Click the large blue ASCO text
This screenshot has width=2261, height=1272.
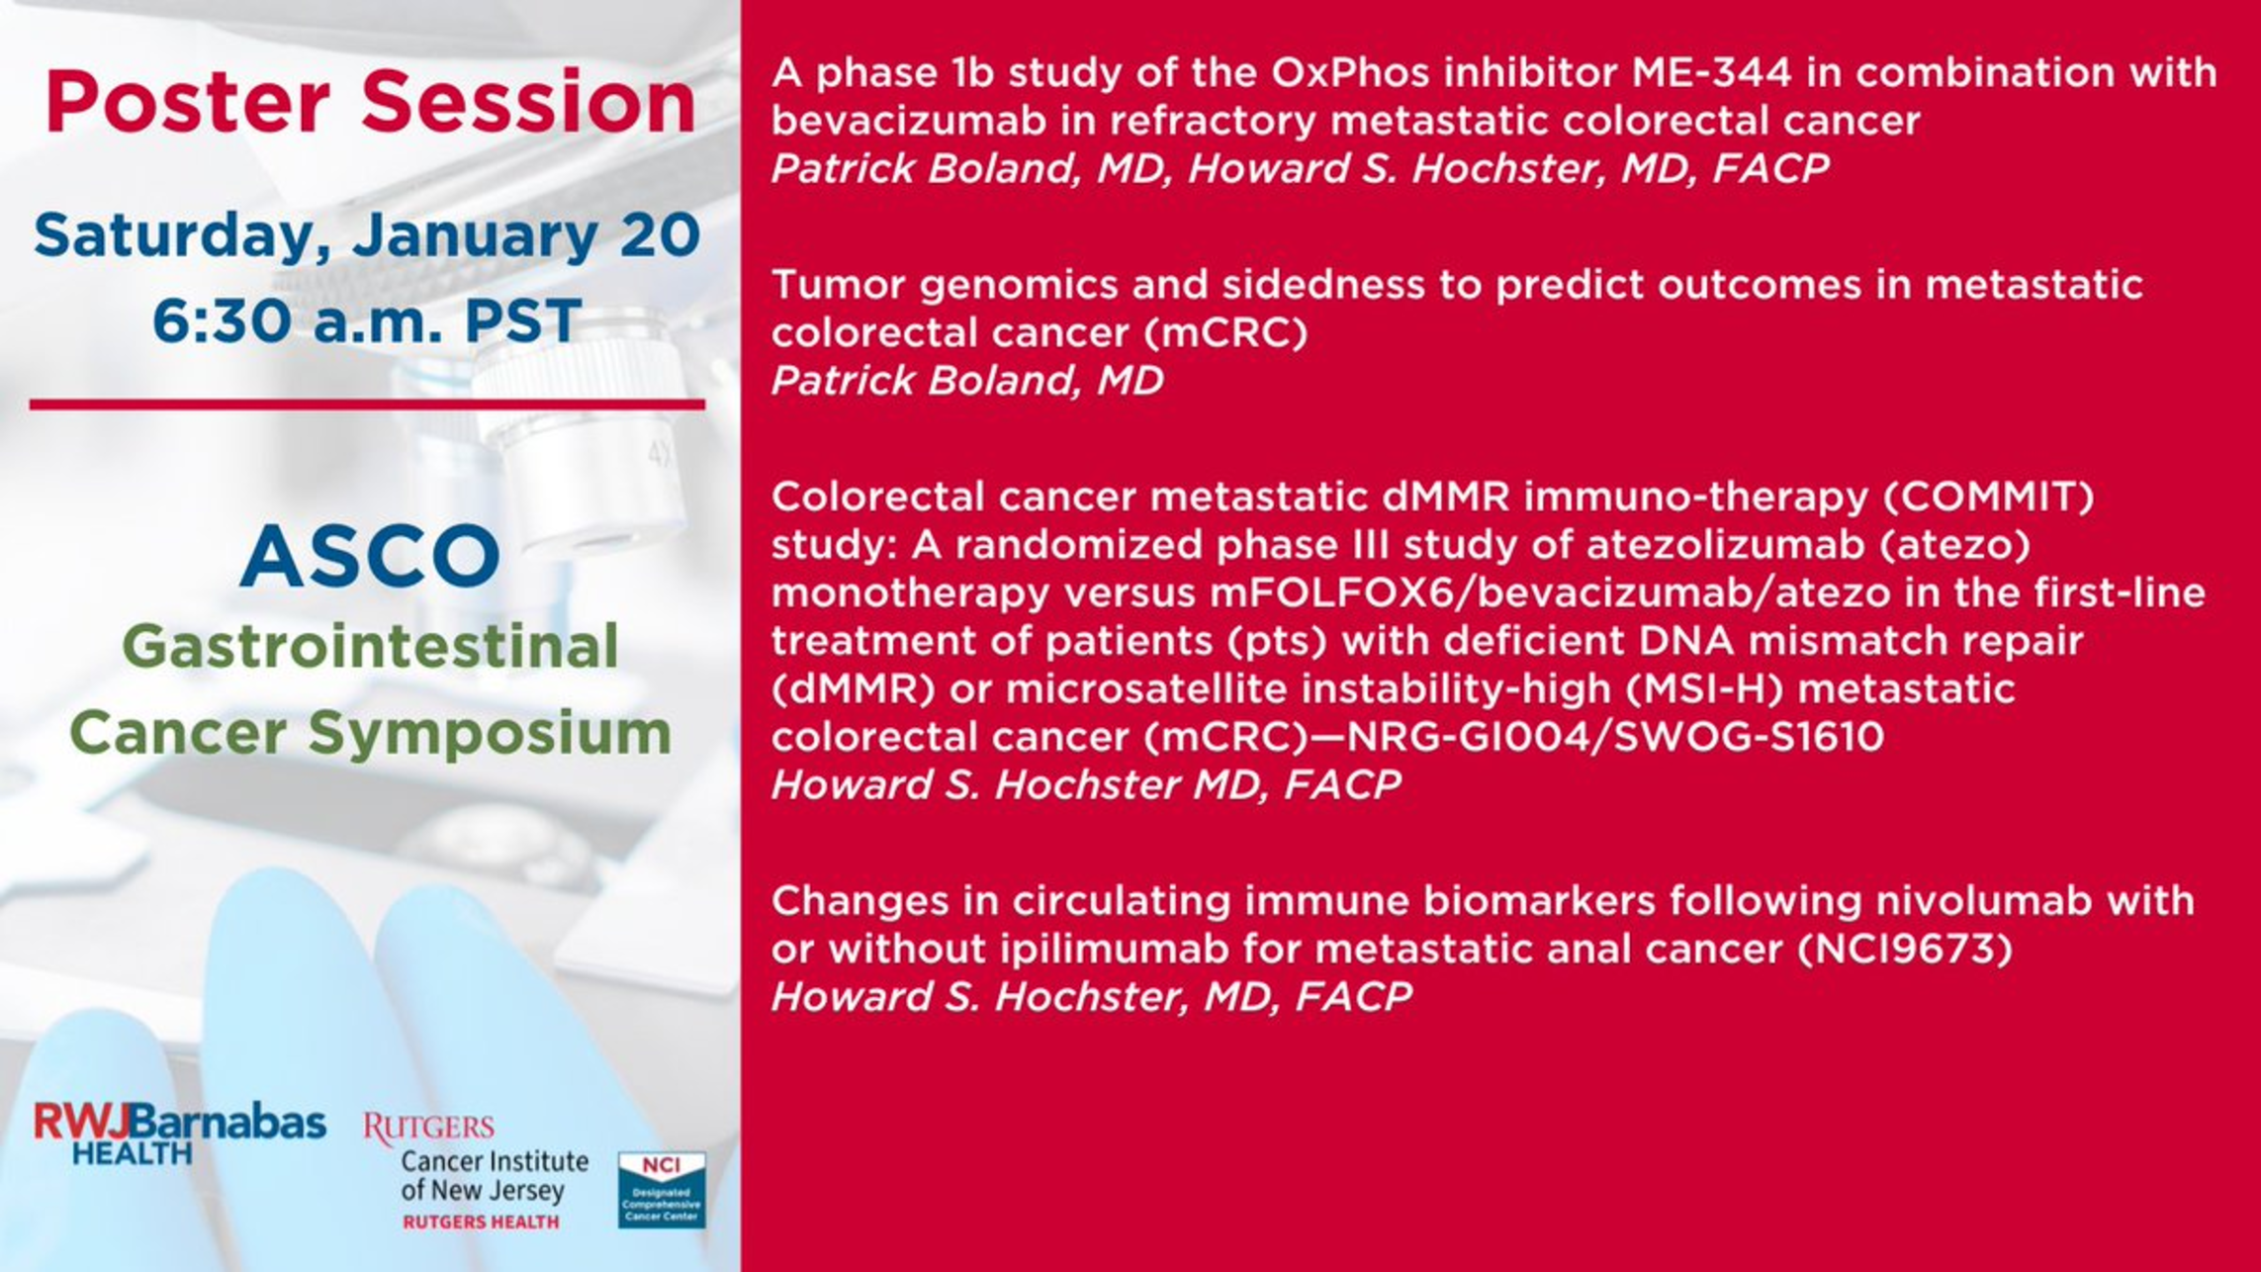point(370,555)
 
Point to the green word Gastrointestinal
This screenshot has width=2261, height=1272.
point(370,646)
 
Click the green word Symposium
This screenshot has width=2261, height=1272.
point(490,734)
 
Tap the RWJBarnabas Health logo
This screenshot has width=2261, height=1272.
point(180,1134)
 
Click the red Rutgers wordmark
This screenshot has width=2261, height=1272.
point(428,1128)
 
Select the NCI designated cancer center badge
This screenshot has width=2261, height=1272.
point(662,1190)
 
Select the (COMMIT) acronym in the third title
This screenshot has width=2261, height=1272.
point(1988,497)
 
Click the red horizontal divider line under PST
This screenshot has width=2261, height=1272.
point(367,404)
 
